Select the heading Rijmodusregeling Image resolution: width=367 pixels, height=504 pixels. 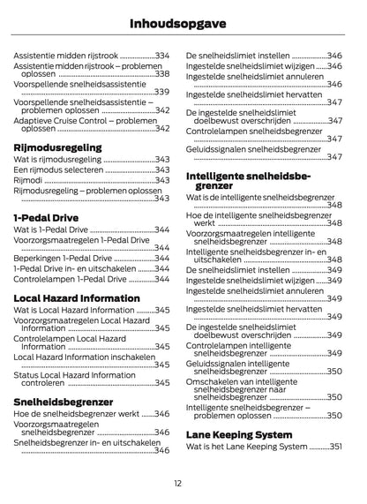(x=57, y=147)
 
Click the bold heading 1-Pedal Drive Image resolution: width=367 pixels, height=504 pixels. (x=46, y=216)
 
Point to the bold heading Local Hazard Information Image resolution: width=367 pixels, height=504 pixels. (x=77, y=297)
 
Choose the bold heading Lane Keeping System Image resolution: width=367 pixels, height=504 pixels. (x=239, y=434)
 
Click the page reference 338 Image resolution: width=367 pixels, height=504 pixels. (x=162, y=74)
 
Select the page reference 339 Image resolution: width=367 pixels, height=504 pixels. (x=162, y=92)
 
